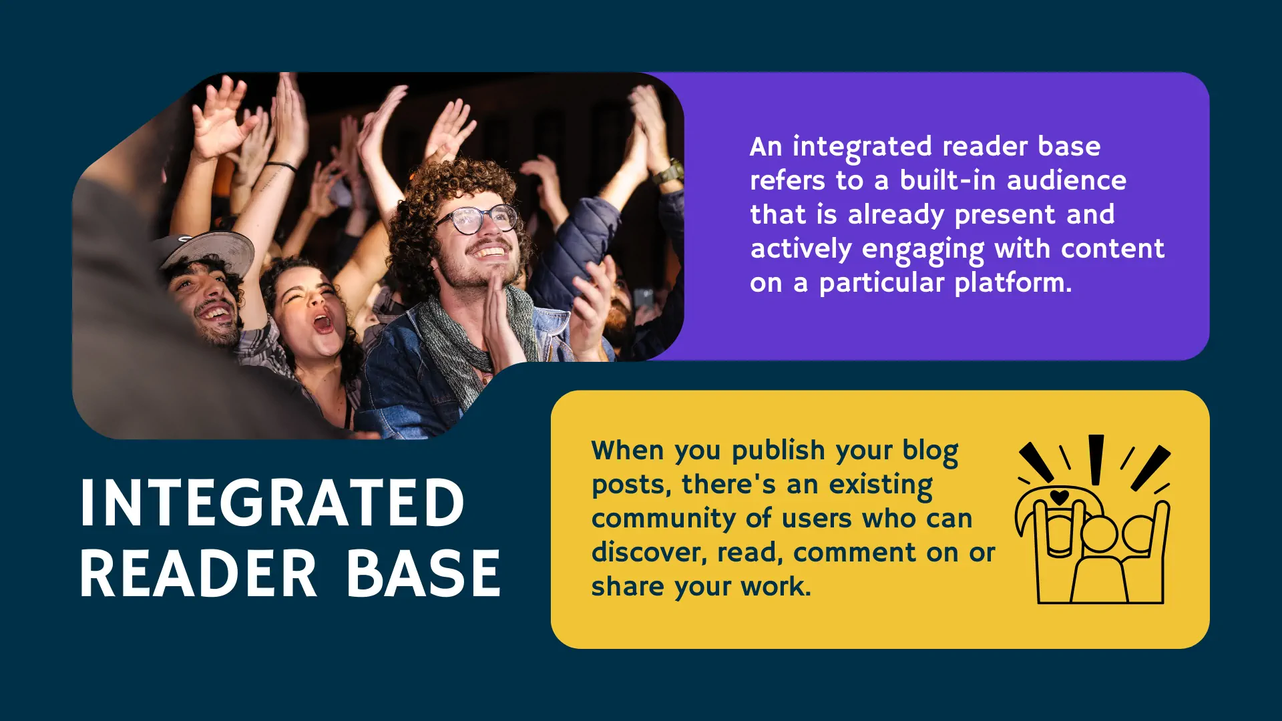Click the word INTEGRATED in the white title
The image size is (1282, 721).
(x=272, y=503)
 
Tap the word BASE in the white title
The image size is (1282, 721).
(x=423, y=573)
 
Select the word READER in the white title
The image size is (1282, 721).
(x=198, y=573)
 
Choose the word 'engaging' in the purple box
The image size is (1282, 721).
(x=923, y=250)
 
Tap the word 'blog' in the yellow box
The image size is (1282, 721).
(x=930, y=451)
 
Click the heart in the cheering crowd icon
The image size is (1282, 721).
(x=1059, y=497)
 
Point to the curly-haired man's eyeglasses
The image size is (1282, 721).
(x=476, y=219)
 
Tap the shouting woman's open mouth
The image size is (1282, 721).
(x=323, y=324)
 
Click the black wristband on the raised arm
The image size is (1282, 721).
(x=280, y=165)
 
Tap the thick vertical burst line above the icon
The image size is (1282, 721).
(x=1096, y=459)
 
